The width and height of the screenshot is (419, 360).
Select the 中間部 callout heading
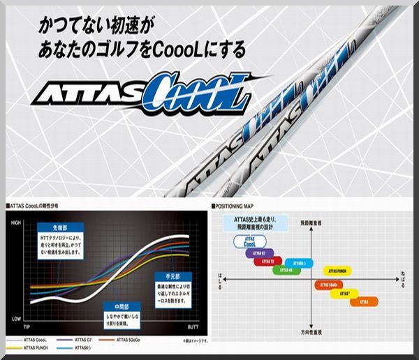pos(112,306)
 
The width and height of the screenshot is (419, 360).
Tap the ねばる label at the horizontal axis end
pos(404,278)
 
